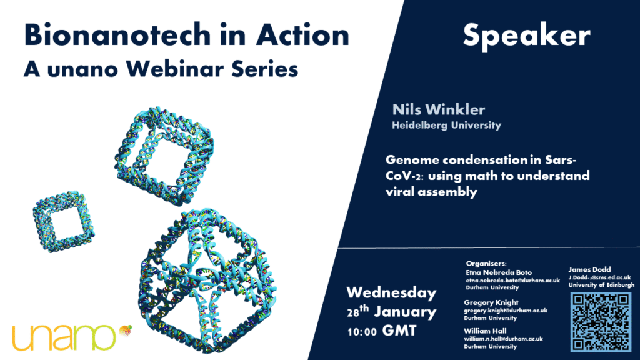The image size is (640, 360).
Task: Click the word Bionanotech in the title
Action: pos(116,35)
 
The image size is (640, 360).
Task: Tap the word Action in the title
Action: pos(303,35)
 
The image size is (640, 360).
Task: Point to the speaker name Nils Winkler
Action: pos(439,109)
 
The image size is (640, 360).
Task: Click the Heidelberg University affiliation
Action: pos(446,125)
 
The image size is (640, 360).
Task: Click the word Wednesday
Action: pos(391,292)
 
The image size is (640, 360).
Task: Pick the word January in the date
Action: pos(405,312)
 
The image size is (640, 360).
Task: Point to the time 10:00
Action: pos(362,331)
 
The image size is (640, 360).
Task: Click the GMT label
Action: pos(399,330)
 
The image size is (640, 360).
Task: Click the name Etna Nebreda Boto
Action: pos(499,272)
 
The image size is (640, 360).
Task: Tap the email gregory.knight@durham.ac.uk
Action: pos(506,311)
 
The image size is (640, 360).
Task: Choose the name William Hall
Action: pos(485,331)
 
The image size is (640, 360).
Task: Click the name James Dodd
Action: pos(589,269)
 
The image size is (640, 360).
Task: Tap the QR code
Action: pos(601,322)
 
